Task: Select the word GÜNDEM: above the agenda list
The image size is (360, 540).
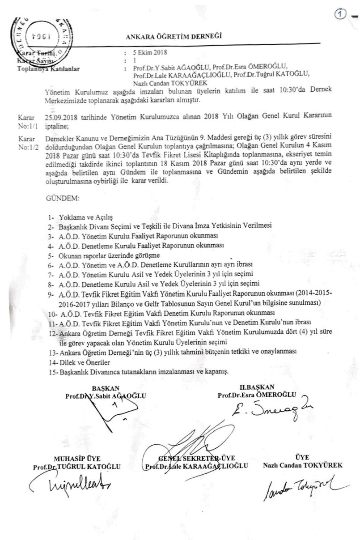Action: (x=63, y=198)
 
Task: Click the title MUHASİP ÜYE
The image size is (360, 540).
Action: (x=77, y=459)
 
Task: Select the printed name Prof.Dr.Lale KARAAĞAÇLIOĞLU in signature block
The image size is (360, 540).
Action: (x=197, y=466)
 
